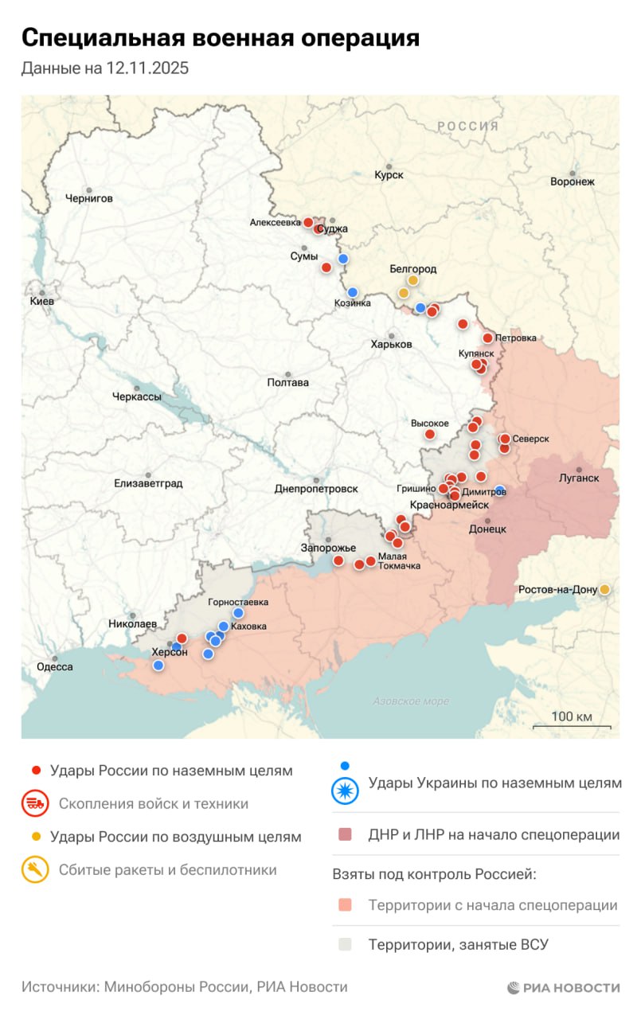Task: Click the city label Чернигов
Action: coord(89,198)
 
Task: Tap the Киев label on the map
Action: coord(41,302)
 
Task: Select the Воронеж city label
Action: coord(572,182)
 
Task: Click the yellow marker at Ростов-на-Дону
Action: coord(604,589)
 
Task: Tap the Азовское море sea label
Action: coord(411,701)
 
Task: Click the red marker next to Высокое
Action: coord(430,435)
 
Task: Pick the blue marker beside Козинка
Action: coord(353,292)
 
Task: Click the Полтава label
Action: coord(288,382)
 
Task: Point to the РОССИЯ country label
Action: coord(467,126)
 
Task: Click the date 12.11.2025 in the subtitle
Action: coord(147,68)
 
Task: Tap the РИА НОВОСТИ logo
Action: coord(563,988)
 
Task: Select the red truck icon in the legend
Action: coord(35,804)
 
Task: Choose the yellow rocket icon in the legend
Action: coord(35,870)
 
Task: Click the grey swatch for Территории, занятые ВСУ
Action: coord(345,945)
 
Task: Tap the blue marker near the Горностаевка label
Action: coord(238,613)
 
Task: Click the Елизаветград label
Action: coord(148,483)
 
